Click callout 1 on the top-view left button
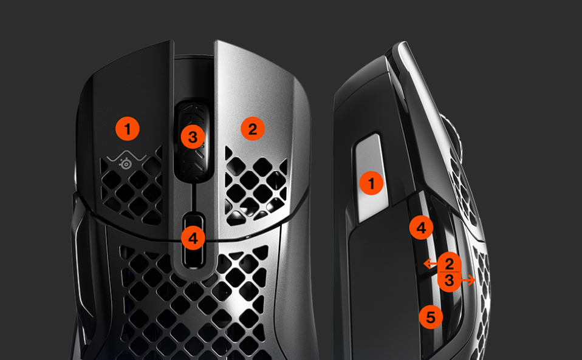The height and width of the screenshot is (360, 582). [x=128, y=129]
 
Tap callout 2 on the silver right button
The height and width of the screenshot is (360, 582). [x=252, y=129]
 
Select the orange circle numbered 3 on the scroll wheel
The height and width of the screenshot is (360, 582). [x=193, y=137]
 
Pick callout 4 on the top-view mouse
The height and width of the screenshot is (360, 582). [x=193, y=238]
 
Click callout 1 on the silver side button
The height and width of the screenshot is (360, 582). [x=371, y=183]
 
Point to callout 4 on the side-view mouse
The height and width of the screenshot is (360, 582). [x=421, y=228]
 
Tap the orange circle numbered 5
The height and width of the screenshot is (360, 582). [x=431, y=318]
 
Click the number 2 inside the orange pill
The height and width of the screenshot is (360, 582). [x=449, y=264]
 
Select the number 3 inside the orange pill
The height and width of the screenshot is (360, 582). [x=449, y=280]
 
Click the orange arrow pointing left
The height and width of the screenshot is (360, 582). [x=430, y=263]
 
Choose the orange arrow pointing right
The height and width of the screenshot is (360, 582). [x=468, y=280]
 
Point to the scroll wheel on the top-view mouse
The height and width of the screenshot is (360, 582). [x=192, y=140]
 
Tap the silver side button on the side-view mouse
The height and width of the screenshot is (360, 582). [x=371, y=178]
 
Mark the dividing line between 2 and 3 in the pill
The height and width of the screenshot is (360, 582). [x=449, y=272]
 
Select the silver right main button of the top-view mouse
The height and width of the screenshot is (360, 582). [x=260, y=141]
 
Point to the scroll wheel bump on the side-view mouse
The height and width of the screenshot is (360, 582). [x=451, y=137]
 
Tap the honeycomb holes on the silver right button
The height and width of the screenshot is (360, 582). [x=256, y=189]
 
